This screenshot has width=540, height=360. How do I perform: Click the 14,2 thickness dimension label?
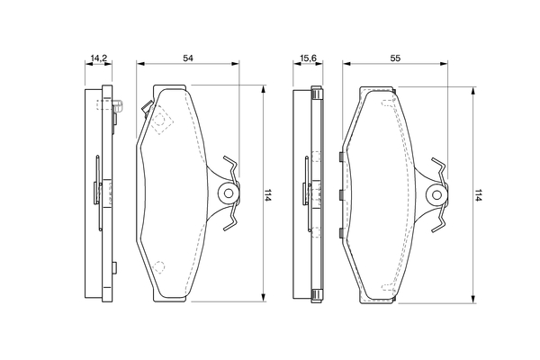(98, 58)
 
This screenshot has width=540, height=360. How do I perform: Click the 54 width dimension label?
(188, 58)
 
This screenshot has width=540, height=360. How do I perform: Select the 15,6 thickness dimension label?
(308, 58)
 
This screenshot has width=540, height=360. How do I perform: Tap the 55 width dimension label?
(395, 58)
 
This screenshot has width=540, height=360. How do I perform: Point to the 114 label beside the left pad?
(268, 194)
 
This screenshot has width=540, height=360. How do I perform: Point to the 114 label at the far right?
(477, 194)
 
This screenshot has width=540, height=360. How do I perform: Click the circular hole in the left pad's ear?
(228, 193)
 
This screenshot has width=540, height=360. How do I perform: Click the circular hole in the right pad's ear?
(436, 195)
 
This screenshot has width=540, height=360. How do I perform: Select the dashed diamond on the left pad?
(161, 121)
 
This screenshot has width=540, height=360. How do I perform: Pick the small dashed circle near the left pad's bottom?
(158, 266)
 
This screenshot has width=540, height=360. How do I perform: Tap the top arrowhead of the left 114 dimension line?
(264, 89)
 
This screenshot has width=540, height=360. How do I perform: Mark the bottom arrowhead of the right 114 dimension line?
(473, 299)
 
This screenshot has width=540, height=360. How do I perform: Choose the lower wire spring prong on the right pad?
(439, 223)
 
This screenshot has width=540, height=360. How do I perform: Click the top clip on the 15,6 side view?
(317, 93)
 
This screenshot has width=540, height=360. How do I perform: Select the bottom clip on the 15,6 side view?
(317, 296)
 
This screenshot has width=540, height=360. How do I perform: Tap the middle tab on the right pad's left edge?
(341, 195)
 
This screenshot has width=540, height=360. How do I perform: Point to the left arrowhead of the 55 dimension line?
(346, 63)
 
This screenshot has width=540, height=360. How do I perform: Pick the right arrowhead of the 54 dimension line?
(235, 63)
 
